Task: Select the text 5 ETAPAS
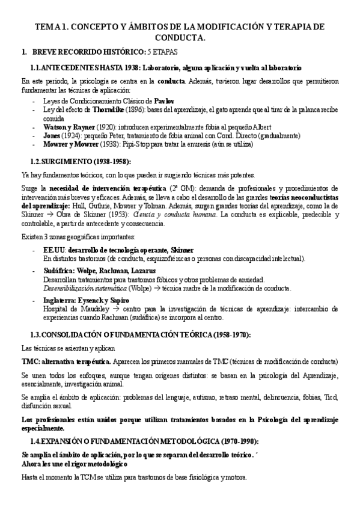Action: pos(164,52)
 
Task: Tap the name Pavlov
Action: pos(164,101)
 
